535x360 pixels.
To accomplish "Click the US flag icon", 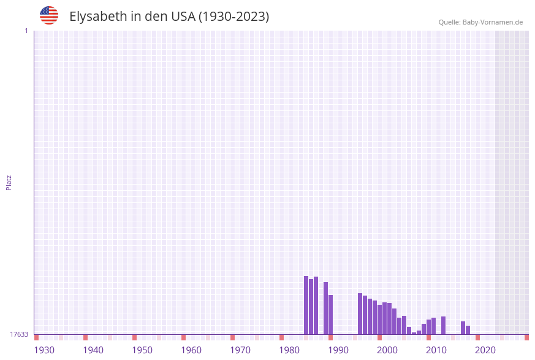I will pos(49,15).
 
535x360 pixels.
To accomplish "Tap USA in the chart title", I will pos(183,17).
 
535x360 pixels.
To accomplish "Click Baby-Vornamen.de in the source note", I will pos(493,22).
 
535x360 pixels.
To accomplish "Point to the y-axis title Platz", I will pos(9,182).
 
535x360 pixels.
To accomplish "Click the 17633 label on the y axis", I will pos(19,334).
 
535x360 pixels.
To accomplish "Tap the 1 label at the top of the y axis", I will pos(26,31).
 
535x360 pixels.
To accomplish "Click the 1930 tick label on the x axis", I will pos(44,350).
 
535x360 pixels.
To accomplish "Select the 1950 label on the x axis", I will pos(142,350).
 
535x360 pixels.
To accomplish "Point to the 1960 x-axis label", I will pos(191,350).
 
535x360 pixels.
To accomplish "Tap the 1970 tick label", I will pos(240,350).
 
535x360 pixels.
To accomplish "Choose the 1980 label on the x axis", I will pos(289,350).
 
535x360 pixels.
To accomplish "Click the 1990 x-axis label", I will pos(338,350).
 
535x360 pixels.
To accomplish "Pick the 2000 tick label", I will pos(387,350).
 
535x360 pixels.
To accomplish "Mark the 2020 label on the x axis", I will pos(485,350).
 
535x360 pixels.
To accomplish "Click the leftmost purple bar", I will pos(306,305).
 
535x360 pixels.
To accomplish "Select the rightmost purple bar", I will pos(468,330).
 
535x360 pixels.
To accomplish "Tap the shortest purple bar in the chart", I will pos(414,333).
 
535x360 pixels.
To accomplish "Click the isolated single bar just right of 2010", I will pos(444,326).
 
